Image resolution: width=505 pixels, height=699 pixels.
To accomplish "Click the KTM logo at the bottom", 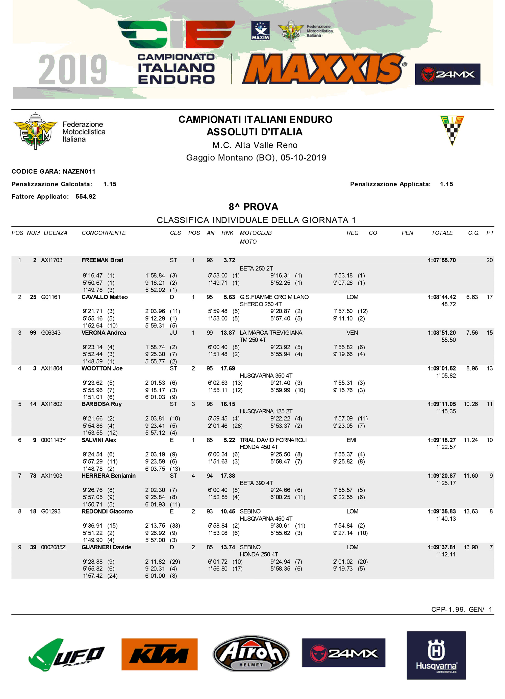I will (159, 654).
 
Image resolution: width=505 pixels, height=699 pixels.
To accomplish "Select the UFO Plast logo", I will (67, 655).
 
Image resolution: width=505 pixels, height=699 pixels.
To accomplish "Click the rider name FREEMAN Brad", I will (102, 260).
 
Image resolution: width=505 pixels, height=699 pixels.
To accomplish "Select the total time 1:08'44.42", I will (441, 297).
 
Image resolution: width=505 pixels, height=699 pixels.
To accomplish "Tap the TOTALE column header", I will (442, 233).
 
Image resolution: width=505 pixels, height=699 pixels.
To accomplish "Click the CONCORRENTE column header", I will (104, 233).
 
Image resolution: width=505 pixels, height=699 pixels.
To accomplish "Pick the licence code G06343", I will (51, 333).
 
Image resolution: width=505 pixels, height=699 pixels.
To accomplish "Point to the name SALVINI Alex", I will (99, 440).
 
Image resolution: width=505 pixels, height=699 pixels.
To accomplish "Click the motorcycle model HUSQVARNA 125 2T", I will (266, 411).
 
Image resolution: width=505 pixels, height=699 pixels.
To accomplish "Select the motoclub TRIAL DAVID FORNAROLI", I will (273, 440).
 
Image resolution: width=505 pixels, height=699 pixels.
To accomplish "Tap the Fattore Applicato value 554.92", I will (86, 197).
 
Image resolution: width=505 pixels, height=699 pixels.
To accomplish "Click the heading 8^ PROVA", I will (254, 207).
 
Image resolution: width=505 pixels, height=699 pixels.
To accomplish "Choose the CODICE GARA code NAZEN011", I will (79, 172).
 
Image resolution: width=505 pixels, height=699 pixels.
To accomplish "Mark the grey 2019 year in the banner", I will (73, 70).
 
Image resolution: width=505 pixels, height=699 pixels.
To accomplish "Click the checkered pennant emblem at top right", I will (452, 130).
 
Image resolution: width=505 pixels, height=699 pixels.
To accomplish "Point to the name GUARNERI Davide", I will (106, 547).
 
